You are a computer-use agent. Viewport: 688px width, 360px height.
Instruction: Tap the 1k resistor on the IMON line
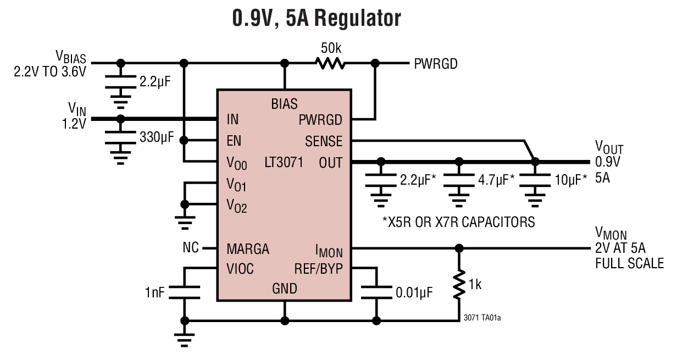(459, 285)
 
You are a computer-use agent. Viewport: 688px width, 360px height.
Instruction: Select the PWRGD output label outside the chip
(436, 64)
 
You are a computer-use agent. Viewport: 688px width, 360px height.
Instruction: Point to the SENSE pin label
(324, 141)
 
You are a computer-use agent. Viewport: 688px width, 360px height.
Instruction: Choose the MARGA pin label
(248, 249)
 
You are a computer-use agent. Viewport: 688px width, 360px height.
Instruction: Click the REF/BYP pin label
(319, 269)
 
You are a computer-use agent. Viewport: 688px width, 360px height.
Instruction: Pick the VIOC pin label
(240, 269)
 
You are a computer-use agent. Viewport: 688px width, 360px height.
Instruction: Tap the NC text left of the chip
(191, 248)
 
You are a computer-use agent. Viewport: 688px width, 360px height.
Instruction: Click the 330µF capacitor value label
(156, 137)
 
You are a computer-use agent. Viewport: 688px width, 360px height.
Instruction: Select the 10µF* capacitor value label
(569, 179)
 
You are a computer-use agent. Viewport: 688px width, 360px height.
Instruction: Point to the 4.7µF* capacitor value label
(496, 179)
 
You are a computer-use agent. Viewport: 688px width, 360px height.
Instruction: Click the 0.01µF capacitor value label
(414, 292)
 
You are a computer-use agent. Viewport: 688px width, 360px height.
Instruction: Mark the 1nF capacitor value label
(155, 292)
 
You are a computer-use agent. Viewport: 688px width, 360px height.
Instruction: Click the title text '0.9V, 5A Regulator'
(317, 19)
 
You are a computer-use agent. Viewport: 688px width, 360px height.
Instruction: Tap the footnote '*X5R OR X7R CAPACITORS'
(458, 222)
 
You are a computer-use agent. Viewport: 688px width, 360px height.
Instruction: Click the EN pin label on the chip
(234, 141)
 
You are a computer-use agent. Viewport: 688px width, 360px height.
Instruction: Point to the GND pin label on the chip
(284, 289)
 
